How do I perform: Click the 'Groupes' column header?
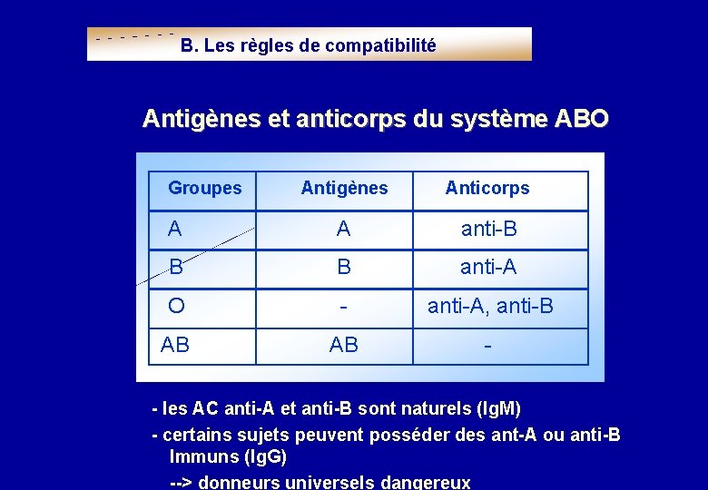[205, 189]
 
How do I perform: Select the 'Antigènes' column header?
[344, 189]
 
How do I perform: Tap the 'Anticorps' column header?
[487, 189]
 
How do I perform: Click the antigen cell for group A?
[343, 230]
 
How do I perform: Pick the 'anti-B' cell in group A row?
[488, 230]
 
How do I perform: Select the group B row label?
[176, 268]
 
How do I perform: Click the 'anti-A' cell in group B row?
[488, 268]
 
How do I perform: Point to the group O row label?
[176, 307]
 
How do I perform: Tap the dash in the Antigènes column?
[343, 307]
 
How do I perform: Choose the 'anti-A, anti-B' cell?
[490, 307]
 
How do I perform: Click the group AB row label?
[175, 345]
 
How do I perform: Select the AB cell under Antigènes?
[343, 345]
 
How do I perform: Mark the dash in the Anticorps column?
[488, 345]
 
